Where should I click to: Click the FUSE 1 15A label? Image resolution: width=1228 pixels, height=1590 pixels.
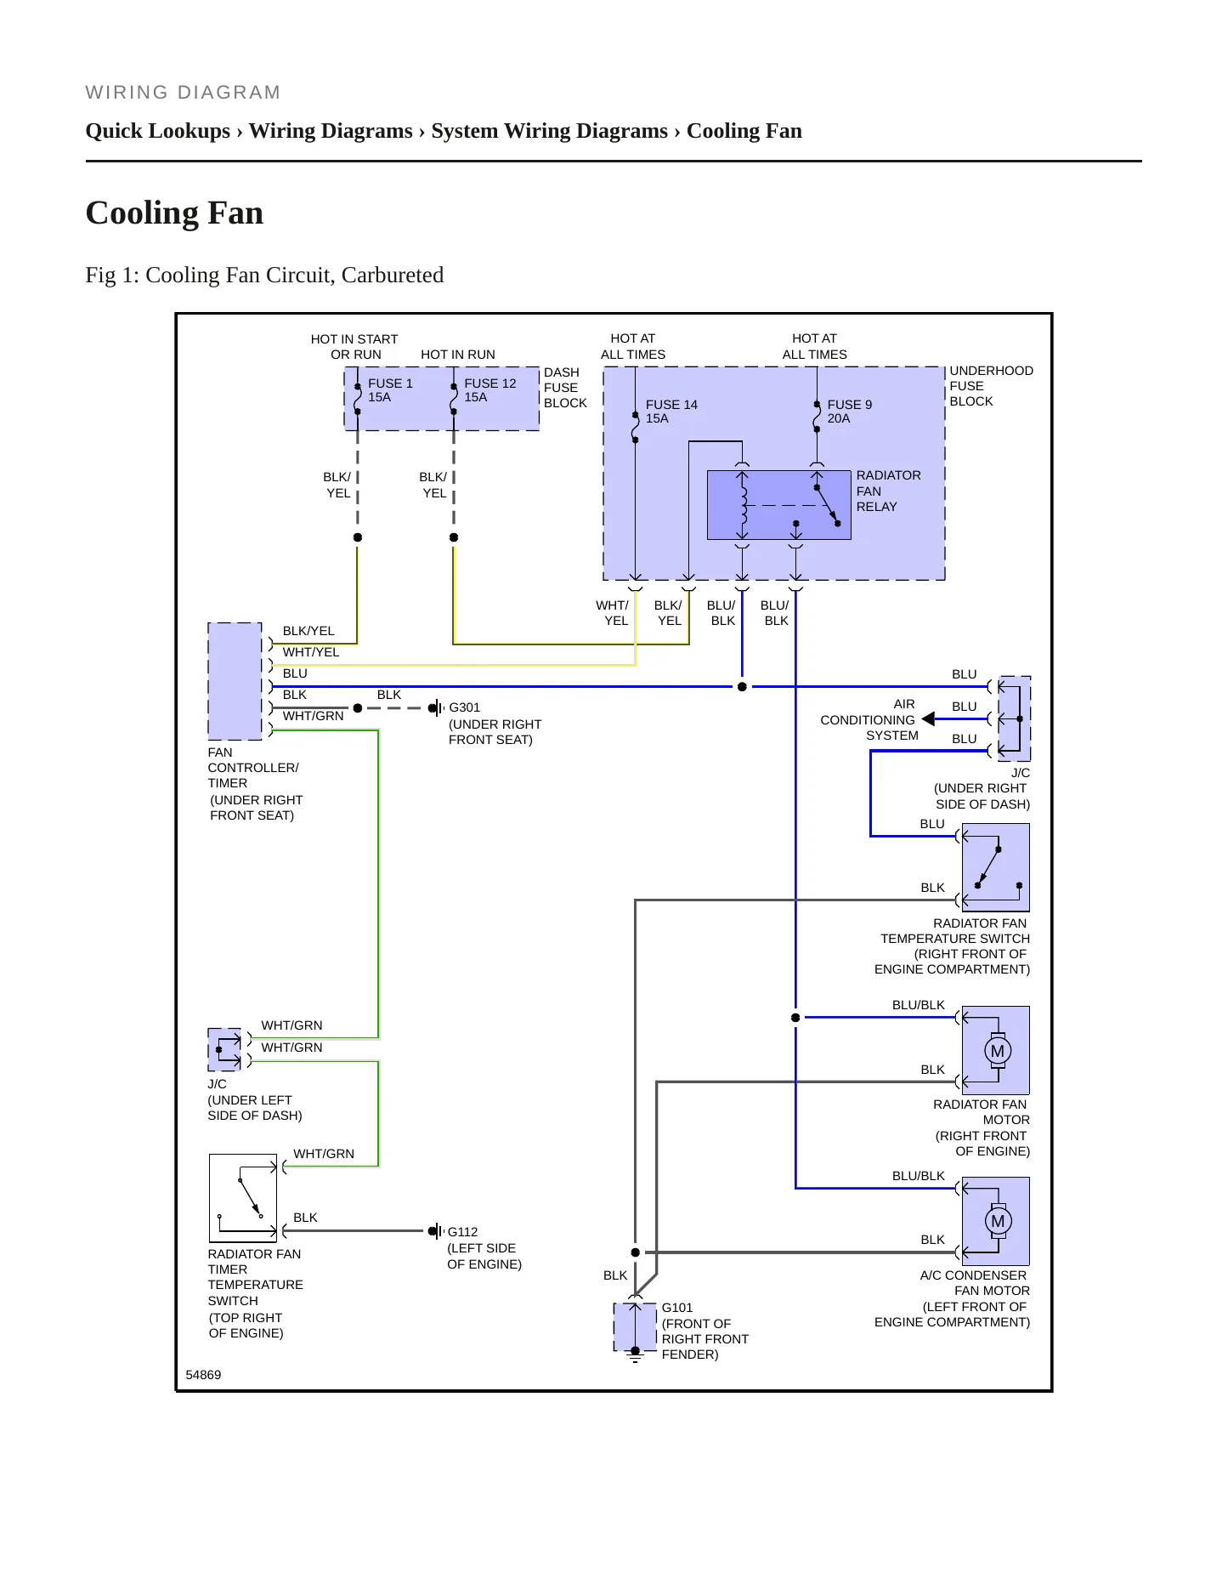click(x=390, y=390)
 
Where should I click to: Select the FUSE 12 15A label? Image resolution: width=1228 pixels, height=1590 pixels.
click(x=490, y=390)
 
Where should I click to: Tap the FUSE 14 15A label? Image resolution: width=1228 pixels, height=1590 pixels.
click(x=671, y=412)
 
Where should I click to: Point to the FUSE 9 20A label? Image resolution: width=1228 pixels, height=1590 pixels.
click(x=849, y=412)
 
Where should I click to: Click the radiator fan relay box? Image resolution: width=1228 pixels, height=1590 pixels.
click(x=779, y=505)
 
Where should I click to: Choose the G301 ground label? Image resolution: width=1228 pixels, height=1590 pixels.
click(x=464, y=707)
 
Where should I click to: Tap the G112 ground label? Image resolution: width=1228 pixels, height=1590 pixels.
click(x=462, y=1232)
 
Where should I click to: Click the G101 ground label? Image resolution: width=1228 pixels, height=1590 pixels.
click(x=677, y=1308)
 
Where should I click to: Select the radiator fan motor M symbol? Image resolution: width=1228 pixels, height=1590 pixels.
click(x=998, y=1051)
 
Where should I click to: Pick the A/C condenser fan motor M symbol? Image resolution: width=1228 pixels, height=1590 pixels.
click(x=998, y=1222)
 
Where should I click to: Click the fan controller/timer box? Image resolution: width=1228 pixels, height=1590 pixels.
click(x=235, y=681)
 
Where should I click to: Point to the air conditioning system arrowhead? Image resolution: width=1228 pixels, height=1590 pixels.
click(x=928, y=719)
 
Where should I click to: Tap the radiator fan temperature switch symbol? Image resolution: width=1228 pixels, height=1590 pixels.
click(x=995, y=867)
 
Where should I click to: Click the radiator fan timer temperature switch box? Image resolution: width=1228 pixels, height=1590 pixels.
click(x=243, y=1198)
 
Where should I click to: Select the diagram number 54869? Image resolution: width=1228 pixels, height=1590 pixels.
click(x=203, y=1375)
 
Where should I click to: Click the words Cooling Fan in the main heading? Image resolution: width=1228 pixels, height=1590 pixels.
click(x=174, y=213)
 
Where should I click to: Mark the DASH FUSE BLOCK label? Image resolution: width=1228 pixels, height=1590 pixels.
click(x=565, y=388)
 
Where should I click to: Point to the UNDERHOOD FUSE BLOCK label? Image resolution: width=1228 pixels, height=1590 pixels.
click(x=991, y=386)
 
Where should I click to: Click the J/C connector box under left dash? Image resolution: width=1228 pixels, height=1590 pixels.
click(x=225, y=1050)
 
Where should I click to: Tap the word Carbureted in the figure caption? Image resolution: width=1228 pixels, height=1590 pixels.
click(x=393, y=275)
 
